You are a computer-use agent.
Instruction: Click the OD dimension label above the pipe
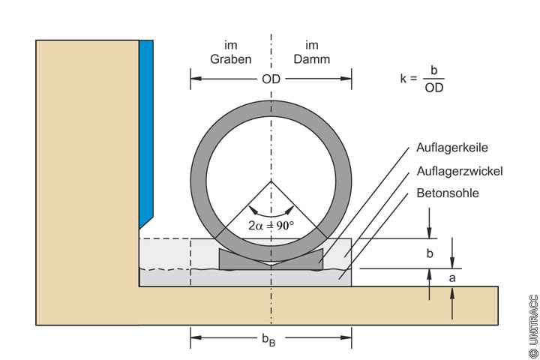(x=271, y=78)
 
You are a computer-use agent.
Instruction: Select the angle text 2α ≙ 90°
(x=271, y=224)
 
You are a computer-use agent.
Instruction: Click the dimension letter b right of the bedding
(x=430, y=253)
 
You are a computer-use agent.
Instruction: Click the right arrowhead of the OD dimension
(x=346, y=78)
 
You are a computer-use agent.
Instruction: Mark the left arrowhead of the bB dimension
(x=195, y=337)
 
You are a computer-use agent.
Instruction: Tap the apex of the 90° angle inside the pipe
(x=271, y=181)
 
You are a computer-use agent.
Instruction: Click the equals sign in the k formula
(x=413, y=77)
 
